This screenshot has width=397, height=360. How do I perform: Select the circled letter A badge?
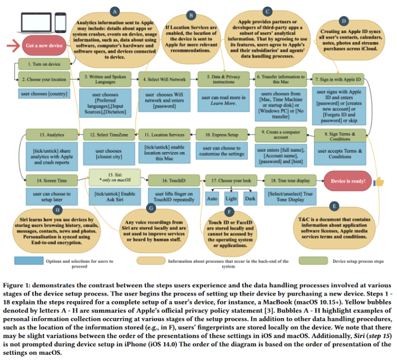pyautogui.click(x=115, y=11)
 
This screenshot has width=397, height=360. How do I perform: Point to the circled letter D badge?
pyautogui.click(x=344, y=21)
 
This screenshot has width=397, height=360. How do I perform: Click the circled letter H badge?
pyautogui.click(x=58, y=210)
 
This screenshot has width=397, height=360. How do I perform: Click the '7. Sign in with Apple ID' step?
pyautogui.click(x=339, y=79)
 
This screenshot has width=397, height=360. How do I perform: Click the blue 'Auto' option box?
pyautogui.click(x=212, y=199)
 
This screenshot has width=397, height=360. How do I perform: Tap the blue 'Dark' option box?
pyautogui.click(x=250, y=199)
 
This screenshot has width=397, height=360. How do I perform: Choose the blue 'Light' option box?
pyautogui.click(x=231, y=199)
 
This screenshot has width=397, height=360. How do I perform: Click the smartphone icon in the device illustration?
pyautogui.click(x=60, y=21)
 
